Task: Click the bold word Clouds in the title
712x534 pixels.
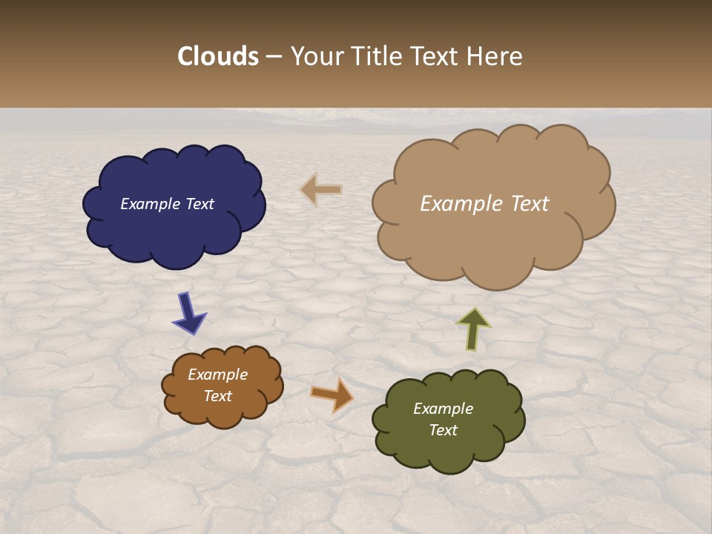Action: click(x=218, y=56)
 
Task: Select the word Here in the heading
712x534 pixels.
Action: click(x=495, y=56)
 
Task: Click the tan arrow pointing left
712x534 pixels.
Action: click(x=322, y=190)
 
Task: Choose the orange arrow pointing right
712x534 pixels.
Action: click(x=332, y=395)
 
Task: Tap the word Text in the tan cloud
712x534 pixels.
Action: click(x=524, y=204)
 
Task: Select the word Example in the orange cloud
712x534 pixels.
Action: click(x=217, y=375)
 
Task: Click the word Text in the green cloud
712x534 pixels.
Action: click(x=443, y=430)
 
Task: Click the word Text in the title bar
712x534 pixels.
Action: click(x=438, y=56)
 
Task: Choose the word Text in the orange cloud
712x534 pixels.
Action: click(x=217, y=396)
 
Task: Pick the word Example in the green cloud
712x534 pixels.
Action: click(x=443, y=409)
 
